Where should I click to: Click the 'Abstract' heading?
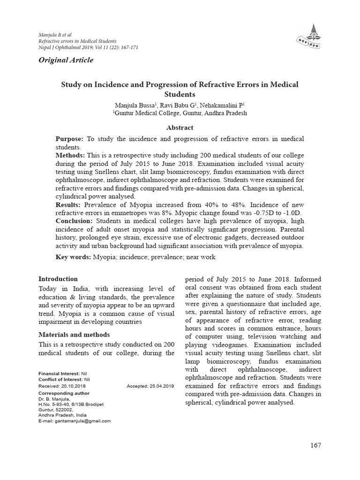point(180,127)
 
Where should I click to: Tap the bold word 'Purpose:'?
point(69,140)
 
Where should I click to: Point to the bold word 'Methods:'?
point(70,155)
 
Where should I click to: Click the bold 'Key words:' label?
point(73,257)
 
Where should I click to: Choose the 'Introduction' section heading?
point(58,279)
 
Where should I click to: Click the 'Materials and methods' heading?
point(74,335)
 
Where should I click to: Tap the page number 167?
point(315,445)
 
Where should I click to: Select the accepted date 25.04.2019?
point(161,386)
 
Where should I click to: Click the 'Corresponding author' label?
point(64,393)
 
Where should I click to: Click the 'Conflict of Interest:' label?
point(60,379)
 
